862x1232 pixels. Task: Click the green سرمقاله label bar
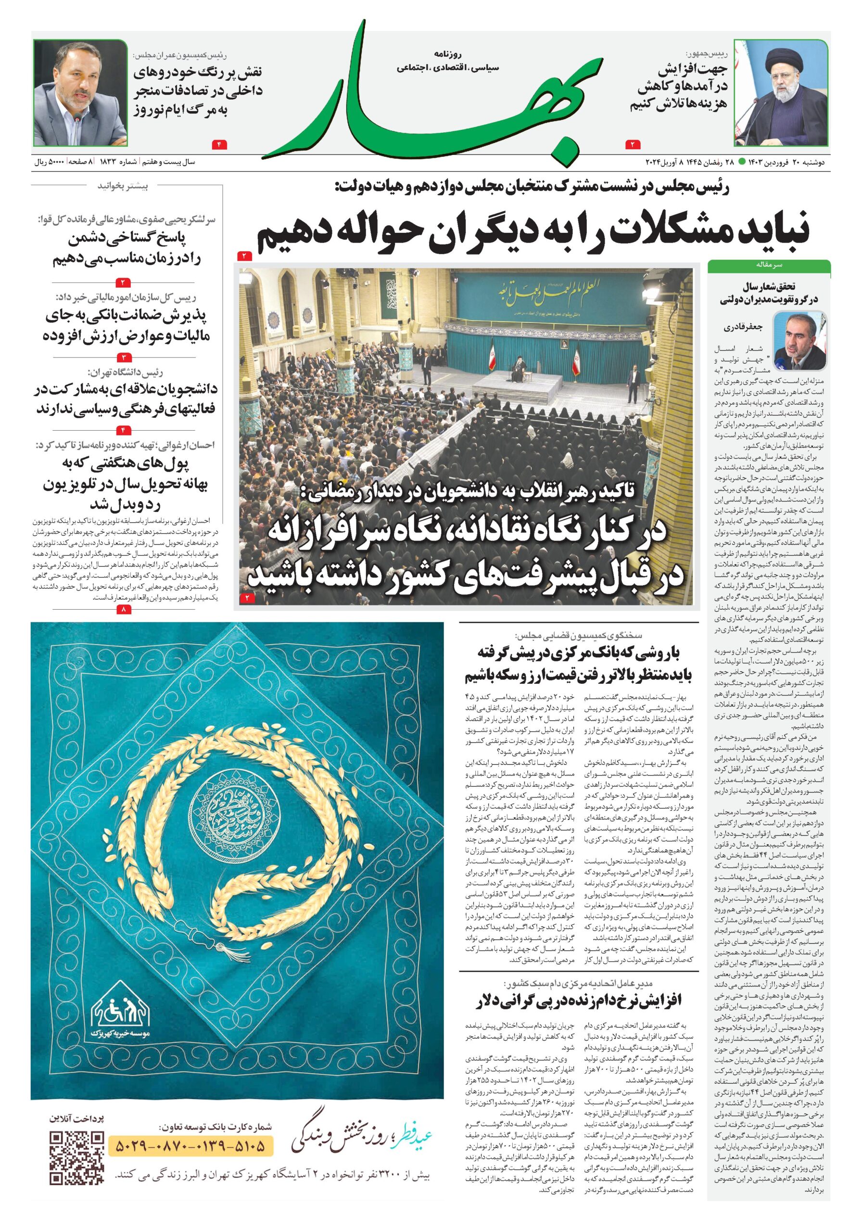(769, 265)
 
